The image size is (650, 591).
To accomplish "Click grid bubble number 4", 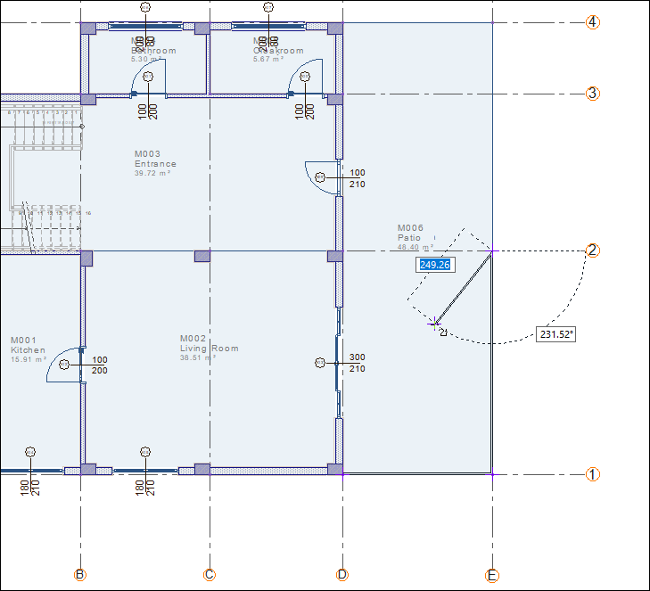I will pyautogui.click(x=593, y=22).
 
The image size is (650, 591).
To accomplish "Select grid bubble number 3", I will pyautogui.click(x=593, y=94).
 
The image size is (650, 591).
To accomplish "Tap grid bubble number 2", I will pyautogui.click(x=593, y=250).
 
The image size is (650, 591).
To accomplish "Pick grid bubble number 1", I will pyautogui.click(x=593, y=474).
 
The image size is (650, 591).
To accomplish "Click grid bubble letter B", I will pyautogui.click(x=80, y=575).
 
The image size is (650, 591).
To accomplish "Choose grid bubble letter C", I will pyautogui.click(x=210, y=575).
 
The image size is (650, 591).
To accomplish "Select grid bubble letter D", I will pyautogui.click(x=342, y=575).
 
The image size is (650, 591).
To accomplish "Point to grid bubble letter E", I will pyautogui.click(x=492, y=576).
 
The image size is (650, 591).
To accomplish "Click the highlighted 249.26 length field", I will pyautogui.click(x=435, y=265).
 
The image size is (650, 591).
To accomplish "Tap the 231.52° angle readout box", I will pyautogui.click(x=556, y=334).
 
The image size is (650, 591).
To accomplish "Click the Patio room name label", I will pyautogui.click(x=409, y=238).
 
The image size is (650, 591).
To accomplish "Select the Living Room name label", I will pyautogui.click(x=210, y=349).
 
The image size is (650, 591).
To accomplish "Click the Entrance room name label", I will pyautogui.click(x=155, y=164).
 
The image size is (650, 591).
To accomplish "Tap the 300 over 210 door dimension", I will pyautogui.click(x=357, y=363).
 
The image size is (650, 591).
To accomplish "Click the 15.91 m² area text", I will pyautogui.click(x=29, y=360).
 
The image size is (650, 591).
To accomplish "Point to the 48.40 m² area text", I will pyautogui.click(x=416, y=247).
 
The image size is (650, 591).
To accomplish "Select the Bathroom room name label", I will pyautogui.click(x=153, y=51).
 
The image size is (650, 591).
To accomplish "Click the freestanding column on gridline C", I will pyautogui.click(x=202, y=256).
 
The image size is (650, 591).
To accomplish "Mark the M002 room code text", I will pyautogui.click(x=193, y=339).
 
